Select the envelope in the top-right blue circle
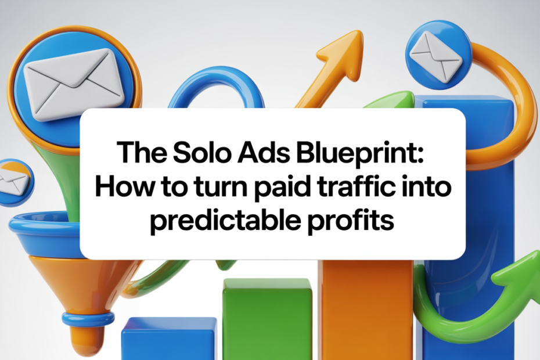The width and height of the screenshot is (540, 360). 436,55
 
